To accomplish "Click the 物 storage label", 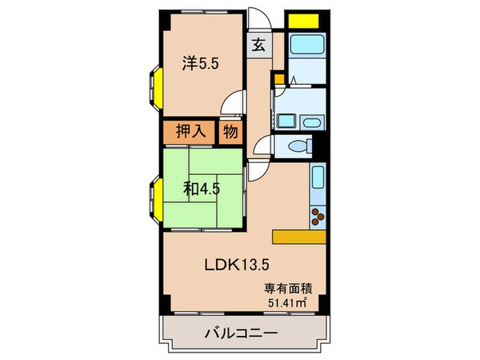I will tap(230, 132).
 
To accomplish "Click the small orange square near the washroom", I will tap(279, 79).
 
